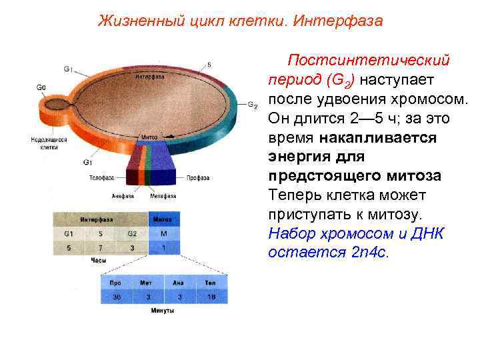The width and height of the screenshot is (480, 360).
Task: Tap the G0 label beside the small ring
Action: tap(41, 87)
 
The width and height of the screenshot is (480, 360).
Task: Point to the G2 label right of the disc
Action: tap(252, 105)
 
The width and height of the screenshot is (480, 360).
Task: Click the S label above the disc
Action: tap(209, 64)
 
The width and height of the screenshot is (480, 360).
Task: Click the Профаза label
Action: tap(198, 178)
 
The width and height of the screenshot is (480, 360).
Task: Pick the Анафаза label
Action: tap(123, 196)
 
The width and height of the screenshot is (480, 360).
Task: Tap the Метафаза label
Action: tap(163, 196)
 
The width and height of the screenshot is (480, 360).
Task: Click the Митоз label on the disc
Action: tap(149, 137)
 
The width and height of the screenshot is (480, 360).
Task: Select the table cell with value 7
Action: tap(101, 248)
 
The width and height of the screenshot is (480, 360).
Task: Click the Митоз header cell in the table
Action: tap(163, 219)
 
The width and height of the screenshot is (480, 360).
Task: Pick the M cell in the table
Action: tap(163, 234)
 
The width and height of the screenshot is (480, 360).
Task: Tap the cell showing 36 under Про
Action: tap(117, 297)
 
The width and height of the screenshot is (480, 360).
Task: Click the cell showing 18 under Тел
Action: tap(211, 297)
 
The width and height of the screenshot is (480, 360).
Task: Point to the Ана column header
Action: tap(179, 283)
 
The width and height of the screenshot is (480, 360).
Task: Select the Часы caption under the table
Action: tap(99, 261)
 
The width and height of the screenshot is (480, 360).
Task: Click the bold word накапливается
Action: tap(377, 138)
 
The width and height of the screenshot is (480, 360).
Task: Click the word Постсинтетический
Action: tap(369, 61)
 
